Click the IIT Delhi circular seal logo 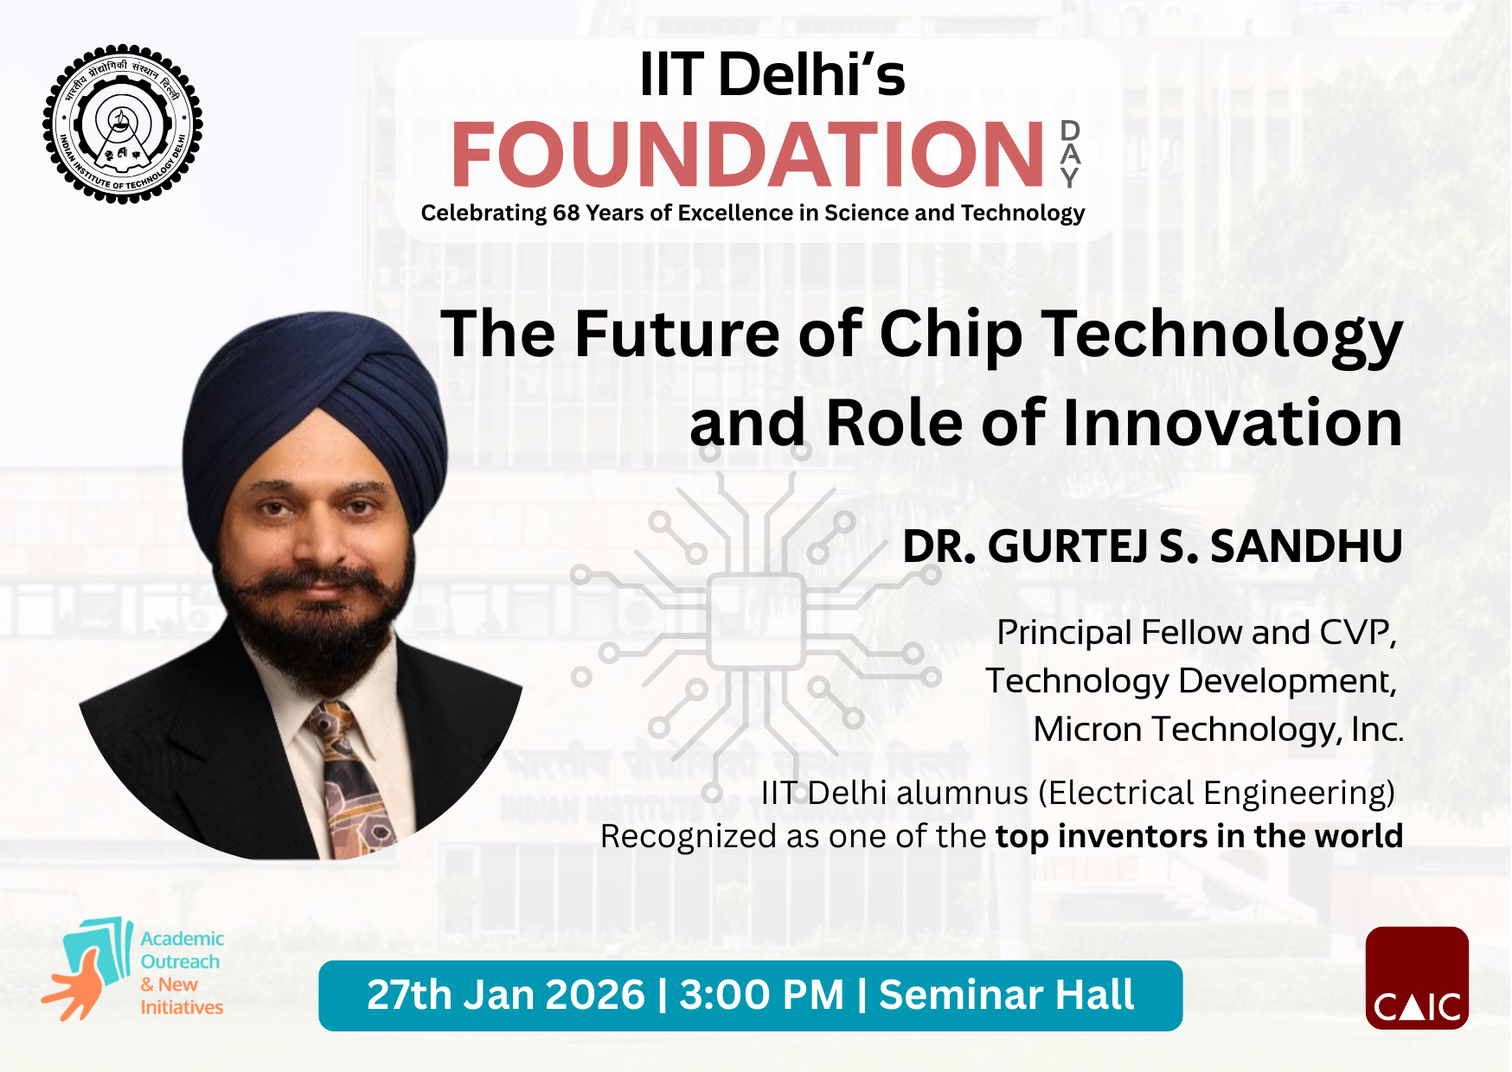pyautogui.click(x=123, y=124)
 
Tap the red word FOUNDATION pyautogui.click(x=747, y=155)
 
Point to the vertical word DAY pyautogui.click(x=1070, y=155)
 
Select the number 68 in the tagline pyautogui.click(x=566, y=214)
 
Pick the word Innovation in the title pyautogui.click(x=1232, y=424)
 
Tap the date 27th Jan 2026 pyautogui.click(x=505, y=995)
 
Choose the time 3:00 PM pyautogui.click(x=761, y=995)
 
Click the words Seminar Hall pyautogui.click(x=1006, y=995)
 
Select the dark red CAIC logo pyautogui.click(x=1416, y=978)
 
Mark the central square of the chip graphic pyautogui.click(x=756, y=621)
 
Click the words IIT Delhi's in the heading pyautogui.click(x=772, y=75)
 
